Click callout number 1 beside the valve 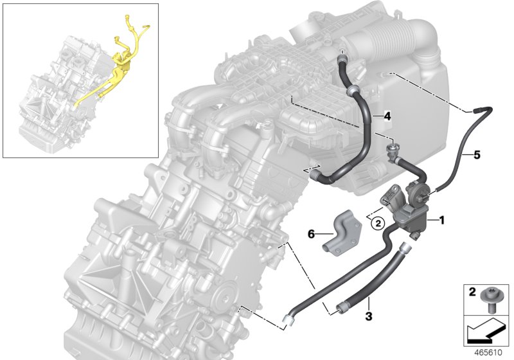[441, 221]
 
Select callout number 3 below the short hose [368, 316]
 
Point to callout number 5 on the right [477, 155]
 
